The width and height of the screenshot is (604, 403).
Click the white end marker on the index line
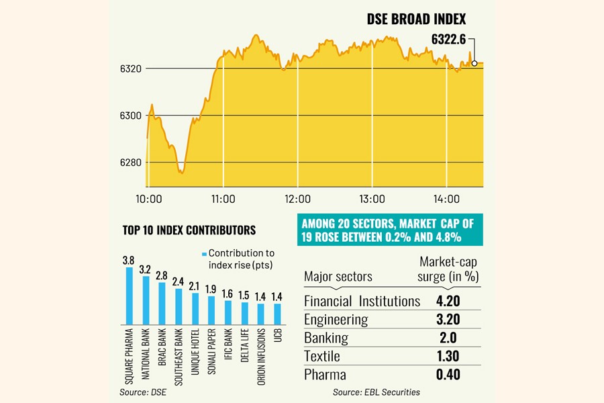tap(475, 63)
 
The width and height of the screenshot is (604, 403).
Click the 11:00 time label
tap(223, 199)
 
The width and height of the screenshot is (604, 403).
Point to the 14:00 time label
tap(447, 199)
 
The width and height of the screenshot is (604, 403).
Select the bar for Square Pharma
tap(130, 296)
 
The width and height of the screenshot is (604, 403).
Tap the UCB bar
tap(277, 314)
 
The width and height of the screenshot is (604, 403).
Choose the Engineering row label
tap(336, 319)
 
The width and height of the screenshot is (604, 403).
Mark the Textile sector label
tap(322, 356)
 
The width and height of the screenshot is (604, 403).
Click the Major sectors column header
tap(338, 276)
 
